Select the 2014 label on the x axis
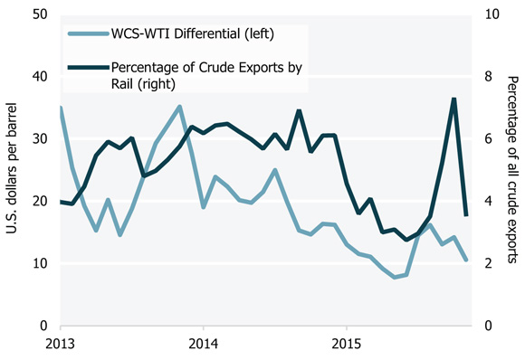[204, 344]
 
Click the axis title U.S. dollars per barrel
[14, 170]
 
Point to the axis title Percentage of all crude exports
[513, 170]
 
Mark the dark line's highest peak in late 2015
[453, 99]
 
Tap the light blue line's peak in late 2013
[179, 107]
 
